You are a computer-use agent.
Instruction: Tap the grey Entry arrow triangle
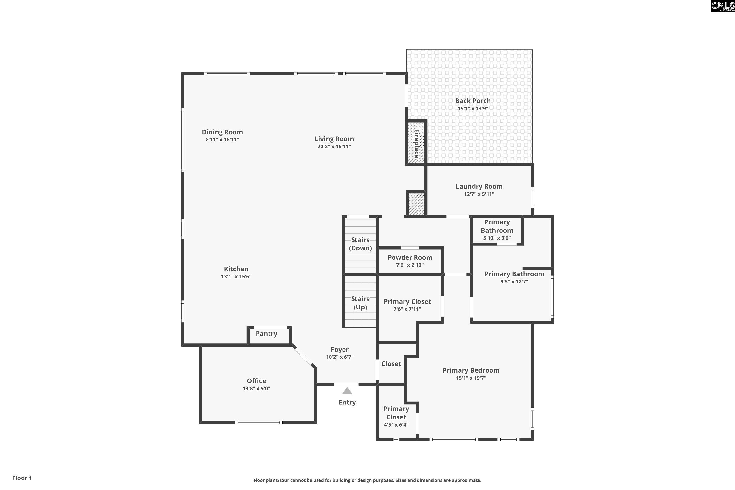347,391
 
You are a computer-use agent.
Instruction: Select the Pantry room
266,334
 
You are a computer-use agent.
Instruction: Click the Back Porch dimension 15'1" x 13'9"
473,109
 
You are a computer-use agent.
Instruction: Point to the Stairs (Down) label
360,244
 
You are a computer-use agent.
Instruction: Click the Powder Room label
410,257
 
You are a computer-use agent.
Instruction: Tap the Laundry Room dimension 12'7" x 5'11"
479,194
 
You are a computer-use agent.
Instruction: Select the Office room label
256,381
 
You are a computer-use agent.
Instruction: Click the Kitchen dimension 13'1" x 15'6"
236,277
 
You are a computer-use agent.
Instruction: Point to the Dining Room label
222,132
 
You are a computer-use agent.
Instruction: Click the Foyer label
339,349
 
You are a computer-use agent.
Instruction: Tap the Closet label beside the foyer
391,364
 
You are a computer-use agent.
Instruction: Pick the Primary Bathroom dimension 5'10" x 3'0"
497,238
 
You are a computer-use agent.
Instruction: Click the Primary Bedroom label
471,370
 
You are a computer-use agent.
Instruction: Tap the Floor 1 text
22,478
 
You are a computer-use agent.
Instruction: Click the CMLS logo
723,6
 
